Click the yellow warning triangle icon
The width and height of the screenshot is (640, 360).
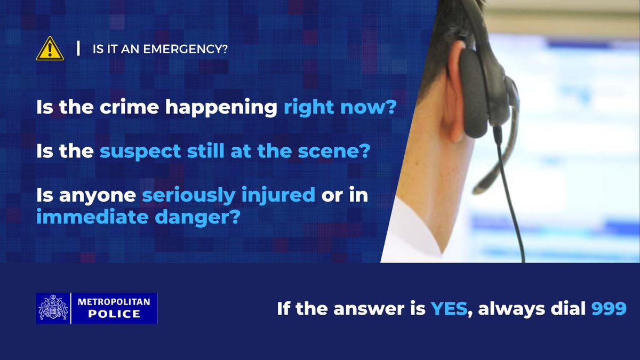(50, 49)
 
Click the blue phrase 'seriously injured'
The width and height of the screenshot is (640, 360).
(228, 196)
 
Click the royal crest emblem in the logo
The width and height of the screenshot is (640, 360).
(53, 308)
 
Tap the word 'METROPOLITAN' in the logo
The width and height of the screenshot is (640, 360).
(114, 302)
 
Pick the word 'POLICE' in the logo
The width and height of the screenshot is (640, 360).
(114, 314)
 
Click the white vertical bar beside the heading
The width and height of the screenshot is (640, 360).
(79, 49)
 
